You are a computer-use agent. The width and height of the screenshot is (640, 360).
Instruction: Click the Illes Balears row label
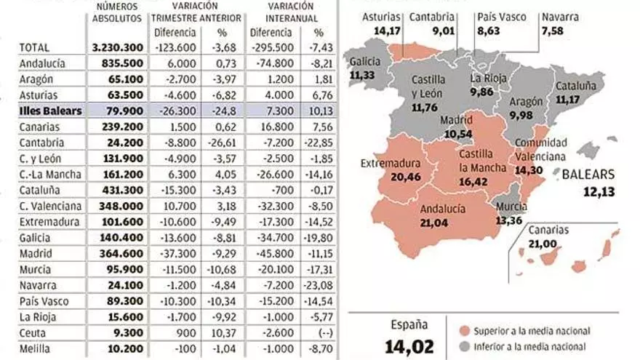[50, 111]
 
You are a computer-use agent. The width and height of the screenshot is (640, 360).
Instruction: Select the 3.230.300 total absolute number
[117, 47]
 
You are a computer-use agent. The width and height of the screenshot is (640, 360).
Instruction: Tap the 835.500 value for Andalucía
[122, 63]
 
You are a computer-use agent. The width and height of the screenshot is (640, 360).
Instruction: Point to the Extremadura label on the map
[391, 164]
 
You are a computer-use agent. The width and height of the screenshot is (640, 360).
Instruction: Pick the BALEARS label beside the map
[588, 175]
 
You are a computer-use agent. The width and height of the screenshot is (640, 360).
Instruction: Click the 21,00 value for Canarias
[548, 243]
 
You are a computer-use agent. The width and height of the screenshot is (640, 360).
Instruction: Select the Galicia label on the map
[364, 62]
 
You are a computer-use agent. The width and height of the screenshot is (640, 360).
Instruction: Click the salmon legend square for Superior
[463, 332]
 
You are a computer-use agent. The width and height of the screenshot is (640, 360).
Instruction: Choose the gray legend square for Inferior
[463, 347]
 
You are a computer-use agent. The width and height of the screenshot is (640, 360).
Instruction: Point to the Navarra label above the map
[560, 16]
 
